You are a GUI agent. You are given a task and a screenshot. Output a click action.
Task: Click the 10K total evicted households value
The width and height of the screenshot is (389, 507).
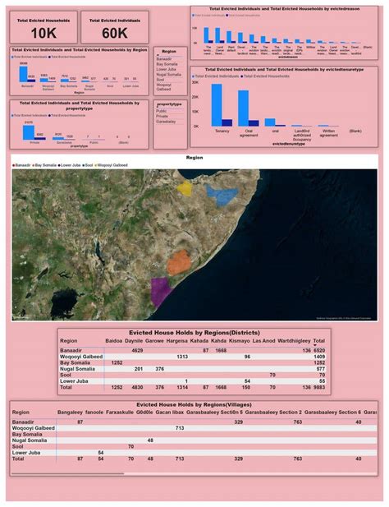click(43, 32)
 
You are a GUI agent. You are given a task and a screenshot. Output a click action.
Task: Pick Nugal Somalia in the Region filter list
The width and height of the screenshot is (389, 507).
click(168, 73)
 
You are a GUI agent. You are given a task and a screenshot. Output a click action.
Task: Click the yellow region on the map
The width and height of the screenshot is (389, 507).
click(185, 190)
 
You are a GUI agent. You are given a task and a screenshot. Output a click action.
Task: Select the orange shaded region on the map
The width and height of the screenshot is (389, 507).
click(179, 263)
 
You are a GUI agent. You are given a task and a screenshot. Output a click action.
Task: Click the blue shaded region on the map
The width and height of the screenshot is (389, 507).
click(220, 194)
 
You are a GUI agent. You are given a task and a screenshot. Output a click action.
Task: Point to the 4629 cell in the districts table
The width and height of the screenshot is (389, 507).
click(137, 349)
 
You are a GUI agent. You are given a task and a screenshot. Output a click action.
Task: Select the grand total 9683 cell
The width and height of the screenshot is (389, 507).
click(320, 386)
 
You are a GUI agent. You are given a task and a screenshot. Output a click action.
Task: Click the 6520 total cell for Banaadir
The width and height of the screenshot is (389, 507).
click(320, 349)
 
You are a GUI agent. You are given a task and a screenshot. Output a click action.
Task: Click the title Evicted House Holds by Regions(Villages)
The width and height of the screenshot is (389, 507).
click(194, 404)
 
